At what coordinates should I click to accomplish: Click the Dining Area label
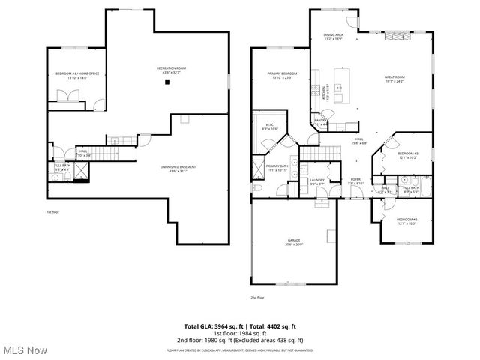[333, 37]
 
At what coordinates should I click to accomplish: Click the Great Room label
[394, 79]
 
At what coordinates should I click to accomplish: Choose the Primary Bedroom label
[283, 75]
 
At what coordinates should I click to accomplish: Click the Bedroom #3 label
[408, 155]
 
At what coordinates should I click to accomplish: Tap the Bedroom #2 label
[406, 220]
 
